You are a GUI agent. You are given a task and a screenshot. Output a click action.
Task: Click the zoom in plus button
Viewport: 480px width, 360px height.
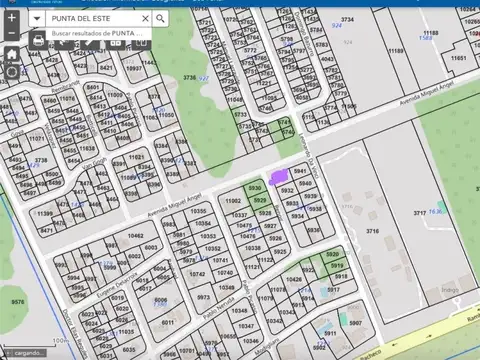11,17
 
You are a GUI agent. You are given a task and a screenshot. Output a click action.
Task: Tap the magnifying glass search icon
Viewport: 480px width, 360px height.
160,18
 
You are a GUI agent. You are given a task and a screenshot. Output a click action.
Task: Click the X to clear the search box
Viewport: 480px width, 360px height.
145,18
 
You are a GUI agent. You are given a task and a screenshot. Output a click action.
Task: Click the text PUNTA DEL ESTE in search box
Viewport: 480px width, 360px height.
82,18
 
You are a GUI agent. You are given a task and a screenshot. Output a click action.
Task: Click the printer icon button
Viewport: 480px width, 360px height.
37,41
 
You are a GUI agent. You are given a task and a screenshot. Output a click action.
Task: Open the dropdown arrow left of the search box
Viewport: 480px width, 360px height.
36,18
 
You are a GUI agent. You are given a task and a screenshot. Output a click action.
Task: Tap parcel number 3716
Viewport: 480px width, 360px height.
372,230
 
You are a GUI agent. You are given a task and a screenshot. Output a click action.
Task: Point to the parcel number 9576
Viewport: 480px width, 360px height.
17,300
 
